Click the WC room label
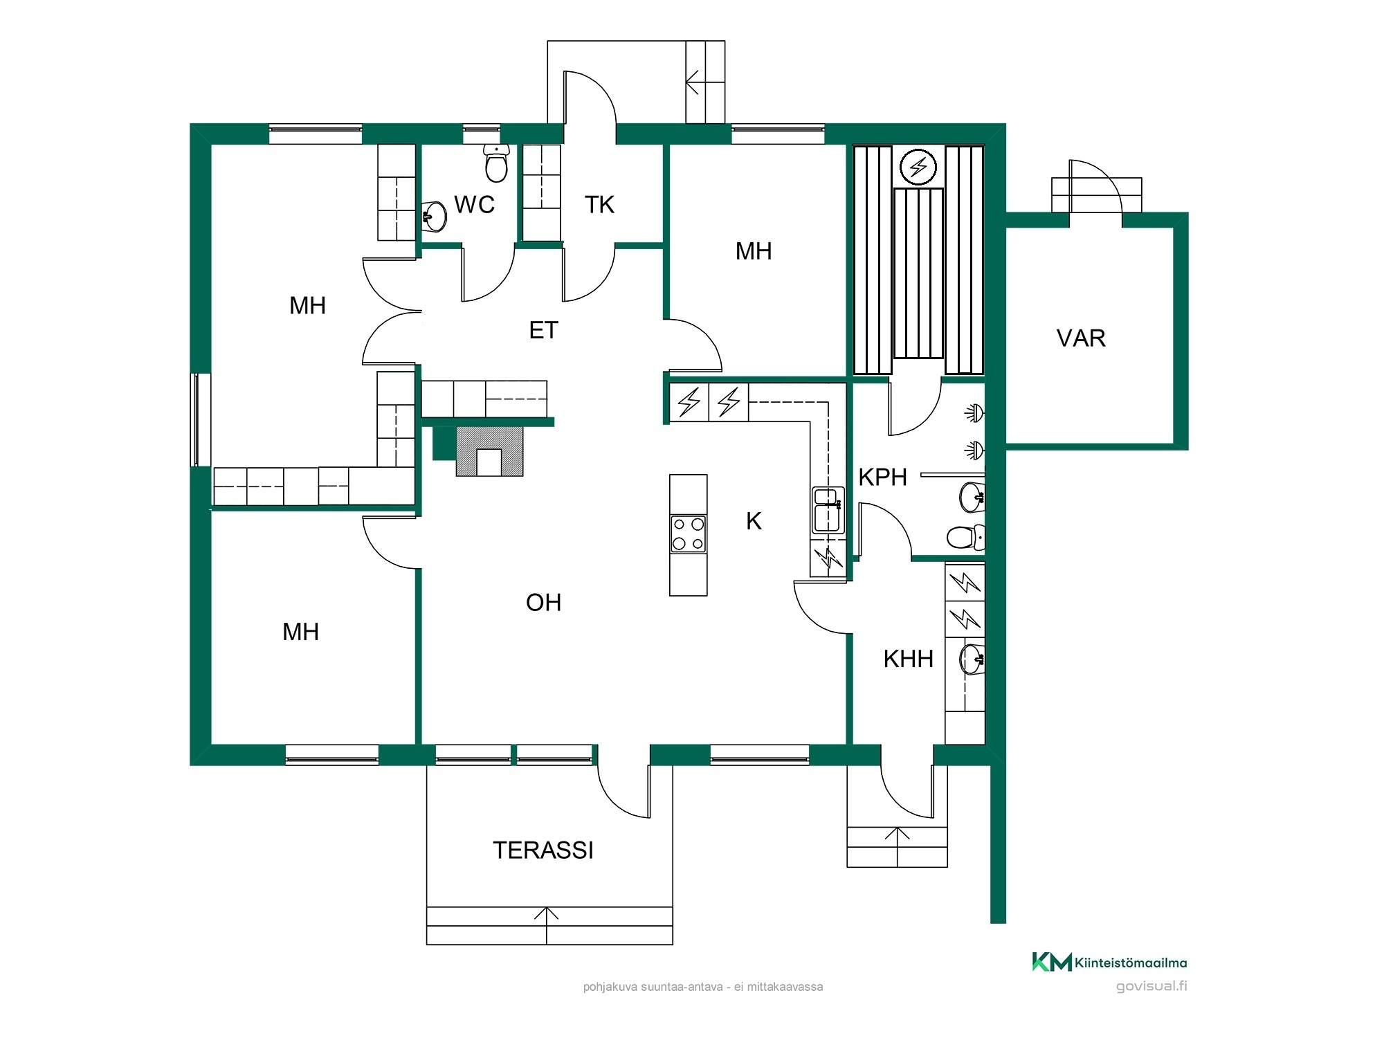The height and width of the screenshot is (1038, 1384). pyautogui.click(x=474, y=205)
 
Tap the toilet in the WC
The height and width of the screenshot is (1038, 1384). pyautogui.click(x=496, y=163)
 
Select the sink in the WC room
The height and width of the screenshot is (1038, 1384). pyautogui.click(x=435, y=217)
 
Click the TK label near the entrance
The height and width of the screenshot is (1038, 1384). pyautogui.click(x=599, y=205)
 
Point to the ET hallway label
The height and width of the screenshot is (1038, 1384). pyautogui.click(x=543, y=331)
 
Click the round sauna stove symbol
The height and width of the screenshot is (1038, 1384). pyautogui.click(x=918, y=167)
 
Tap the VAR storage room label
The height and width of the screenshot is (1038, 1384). pyautogui.click(x=1081, y=338)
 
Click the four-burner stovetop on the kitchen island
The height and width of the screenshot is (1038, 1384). pyautogui.click(x=689, y=534)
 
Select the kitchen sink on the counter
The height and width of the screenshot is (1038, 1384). pyautogui.click(x=828, y=510)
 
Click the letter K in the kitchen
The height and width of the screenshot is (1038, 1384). pyautogui.click(x=754, y=521)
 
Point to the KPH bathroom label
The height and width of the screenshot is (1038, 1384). pyautogui.click(x=882, y=477)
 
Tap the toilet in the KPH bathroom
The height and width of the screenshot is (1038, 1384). pyautogui.click(x=965, y=537)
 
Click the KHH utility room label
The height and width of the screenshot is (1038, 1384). pyautogui.click(x=908, y=659)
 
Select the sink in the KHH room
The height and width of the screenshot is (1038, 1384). pyautogui.click(x=972, y=659)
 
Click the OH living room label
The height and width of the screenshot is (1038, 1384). pyautogui.click(x=543, y=603)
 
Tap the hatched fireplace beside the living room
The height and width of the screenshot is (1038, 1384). pyautogui.click(x=489, y=451)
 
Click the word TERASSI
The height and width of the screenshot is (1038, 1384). pyautogui.click(x=543, y=850)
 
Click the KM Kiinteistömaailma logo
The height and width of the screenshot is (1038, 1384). pyautogui.click(x=1109, y=962)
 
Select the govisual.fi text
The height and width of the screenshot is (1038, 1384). pyautogui.click(x=1151, y=986)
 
